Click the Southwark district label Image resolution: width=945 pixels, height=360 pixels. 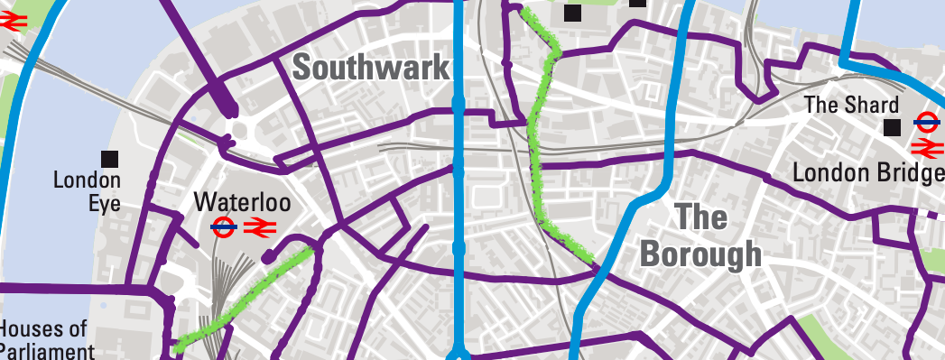point(371,68)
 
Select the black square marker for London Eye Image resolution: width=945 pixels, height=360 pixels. point(110,159)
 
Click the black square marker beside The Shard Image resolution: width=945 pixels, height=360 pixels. point(892,128)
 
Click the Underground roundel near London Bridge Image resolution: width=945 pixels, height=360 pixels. point(926,120)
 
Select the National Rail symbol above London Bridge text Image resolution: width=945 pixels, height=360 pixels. point(927,147)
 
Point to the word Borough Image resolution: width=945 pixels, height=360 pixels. point(700,255)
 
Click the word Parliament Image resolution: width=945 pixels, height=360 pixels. point(47,351)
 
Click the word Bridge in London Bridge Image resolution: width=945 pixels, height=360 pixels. point(903,171)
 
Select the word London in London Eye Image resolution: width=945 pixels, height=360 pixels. point(87,180)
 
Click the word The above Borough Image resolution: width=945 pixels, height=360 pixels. point(700,218)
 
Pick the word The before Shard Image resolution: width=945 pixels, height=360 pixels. point(822,105)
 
